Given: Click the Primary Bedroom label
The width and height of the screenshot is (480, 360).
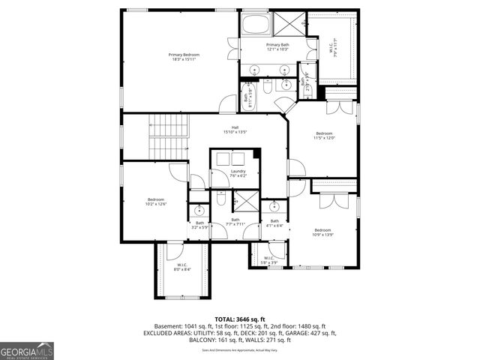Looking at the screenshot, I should click(x=184, y=57).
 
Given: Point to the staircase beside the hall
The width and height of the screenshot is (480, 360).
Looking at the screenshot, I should click(x=167, y=136).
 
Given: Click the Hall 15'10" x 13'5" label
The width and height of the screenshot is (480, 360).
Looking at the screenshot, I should click(x=235, y=130).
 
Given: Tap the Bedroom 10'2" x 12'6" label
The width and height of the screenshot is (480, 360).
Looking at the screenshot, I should click(x=155, y=202).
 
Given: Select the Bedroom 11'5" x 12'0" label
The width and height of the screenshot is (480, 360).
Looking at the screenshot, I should click(x=324, y=136).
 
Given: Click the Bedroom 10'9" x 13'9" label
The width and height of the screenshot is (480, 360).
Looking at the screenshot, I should click(x=322, y=232).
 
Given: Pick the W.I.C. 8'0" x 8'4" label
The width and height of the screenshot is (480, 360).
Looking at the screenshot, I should click(x=182, y=267).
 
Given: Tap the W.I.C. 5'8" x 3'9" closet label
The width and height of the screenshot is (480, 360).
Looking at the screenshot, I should click(x=268, y=260).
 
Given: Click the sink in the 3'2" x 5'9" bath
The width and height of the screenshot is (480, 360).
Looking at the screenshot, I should click(x=199, y=210).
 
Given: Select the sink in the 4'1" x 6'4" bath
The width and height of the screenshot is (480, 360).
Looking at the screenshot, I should click(x=274, y=208).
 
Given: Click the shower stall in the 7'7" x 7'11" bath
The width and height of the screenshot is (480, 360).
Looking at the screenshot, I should click(x=244, y=200).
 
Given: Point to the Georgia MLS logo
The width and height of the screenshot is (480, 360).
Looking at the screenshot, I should click(x=27, y=350).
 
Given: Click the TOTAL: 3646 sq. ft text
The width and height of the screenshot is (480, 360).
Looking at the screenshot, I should click(x=241, y=319).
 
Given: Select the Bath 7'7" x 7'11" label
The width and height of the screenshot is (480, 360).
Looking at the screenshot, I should click(x=235, y=221).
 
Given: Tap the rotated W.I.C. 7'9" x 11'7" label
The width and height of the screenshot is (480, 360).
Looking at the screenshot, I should click(x=336, y=46).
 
